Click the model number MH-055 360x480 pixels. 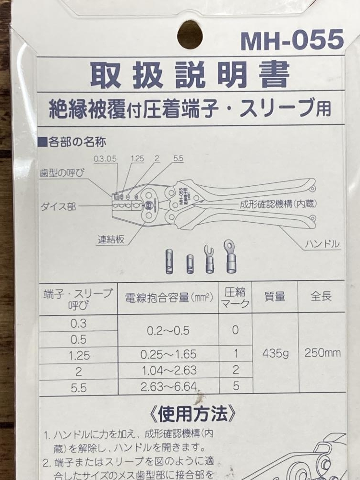[x=292, y=40]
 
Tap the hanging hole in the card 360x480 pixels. [x=190, y=34]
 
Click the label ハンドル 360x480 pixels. [x=323, y=244]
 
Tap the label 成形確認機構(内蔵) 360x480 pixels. [x=278, y=204]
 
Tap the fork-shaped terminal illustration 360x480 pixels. [x=210, y=259]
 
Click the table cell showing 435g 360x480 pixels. [x=275, y=354]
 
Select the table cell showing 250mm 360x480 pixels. [x=323, y=353]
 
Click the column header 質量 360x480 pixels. [x=275, y=297]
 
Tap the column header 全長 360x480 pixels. [x=321, y=297]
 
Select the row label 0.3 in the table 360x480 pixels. [x=78, y=323]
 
